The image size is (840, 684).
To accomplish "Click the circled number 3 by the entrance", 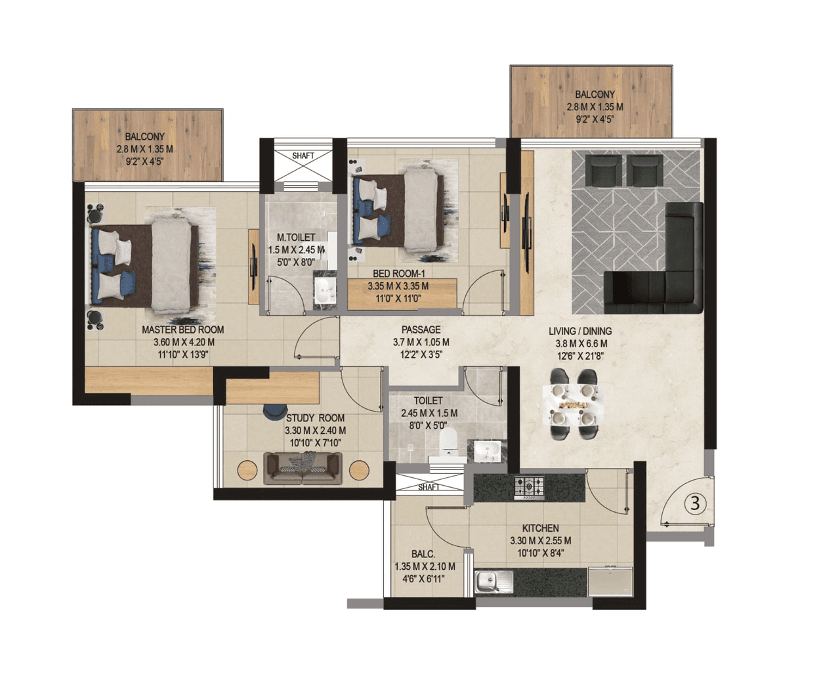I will click(696, 503).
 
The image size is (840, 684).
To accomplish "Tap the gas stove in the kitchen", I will click(529, 487).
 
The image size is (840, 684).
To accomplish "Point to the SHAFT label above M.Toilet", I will click(303, 156).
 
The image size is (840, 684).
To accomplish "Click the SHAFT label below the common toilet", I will click(429, 487).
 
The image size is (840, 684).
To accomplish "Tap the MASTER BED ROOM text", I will click(182, 330).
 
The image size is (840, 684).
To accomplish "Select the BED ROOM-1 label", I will click(399, 274).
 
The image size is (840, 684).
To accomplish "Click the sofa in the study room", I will click(303, 468).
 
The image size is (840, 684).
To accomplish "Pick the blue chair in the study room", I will click(271, 411).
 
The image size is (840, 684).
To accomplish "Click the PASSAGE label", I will click(421, 330).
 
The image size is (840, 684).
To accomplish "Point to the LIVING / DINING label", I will click(580, 331).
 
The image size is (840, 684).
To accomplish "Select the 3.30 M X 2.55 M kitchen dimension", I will click(540, 541).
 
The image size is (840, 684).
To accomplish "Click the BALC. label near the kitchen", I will click(423, 554).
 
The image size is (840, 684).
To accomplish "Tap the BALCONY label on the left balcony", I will click(145, 137).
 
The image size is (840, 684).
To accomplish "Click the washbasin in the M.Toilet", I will click(324, 289).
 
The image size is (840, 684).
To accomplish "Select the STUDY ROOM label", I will click(315, 417).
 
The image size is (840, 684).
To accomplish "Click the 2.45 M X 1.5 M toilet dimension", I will click(429, 413).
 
